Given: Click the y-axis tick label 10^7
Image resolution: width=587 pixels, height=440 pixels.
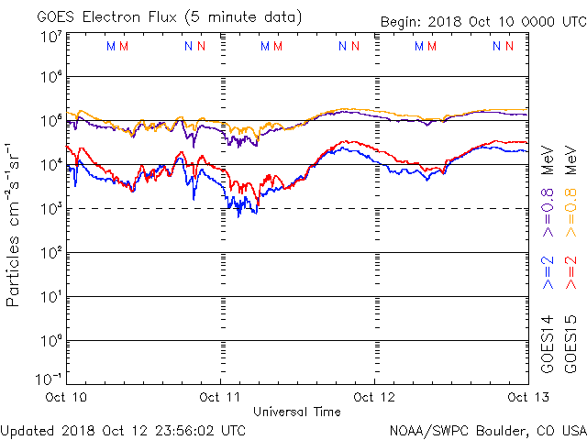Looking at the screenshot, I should click(x=50, y=38).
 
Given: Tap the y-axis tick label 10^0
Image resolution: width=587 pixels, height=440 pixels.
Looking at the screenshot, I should click(x=50, y=341).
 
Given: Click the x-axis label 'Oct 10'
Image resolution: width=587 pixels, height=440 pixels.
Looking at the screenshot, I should click(x=66, y=398).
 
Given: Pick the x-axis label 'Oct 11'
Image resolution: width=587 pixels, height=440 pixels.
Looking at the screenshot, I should click(x=221, y=398).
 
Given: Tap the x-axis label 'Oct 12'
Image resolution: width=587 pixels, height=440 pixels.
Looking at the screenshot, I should click(x=375, y=398).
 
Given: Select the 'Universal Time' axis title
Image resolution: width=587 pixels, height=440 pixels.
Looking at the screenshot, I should click(x=297, y=412).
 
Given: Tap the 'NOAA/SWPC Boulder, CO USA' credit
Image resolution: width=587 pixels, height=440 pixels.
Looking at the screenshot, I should click(x=487, y=429).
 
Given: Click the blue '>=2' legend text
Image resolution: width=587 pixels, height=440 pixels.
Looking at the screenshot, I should click(x=548, y=272).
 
